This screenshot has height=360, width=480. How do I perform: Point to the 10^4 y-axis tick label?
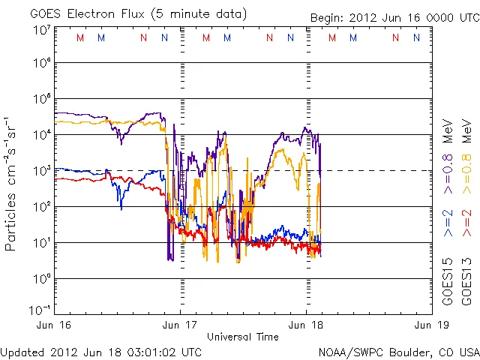click(x=42, y=135)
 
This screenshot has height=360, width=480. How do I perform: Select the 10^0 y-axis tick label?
click(x=42, y=278)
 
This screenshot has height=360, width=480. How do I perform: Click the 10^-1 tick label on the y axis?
click(x=40, y=310)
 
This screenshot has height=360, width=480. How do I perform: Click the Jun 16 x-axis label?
click(x=53, y=325)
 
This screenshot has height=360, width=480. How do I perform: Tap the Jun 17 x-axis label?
click(x=179, y=325)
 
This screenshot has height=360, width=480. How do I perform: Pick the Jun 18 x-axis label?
click(x=305, y=325)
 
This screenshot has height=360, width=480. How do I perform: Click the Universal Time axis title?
click(x=241, y=337)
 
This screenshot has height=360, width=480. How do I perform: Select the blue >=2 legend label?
click(x=448, y=223)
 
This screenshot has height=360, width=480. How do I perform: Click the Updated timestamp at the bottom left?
click(x=101, y=351)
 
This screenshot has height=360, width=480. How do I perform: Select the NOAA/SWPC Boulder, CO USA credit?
click(x=398, y=351)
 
